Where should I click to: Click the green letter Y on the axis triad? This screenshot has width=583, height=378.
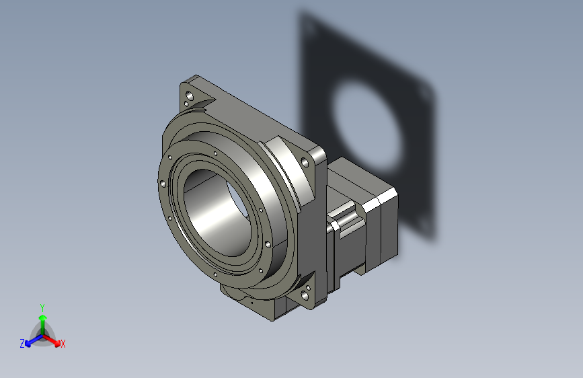(42, 307)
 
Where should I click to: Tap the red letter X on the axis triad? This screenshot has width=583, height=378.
(63, 344)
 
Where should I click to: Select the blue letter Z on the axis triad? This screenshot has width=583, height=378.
(22, 344)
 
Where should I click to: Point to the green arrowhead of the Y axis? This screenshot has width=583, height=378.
(43, 317)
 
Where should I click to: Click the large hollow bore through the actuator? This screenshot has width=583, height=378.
(217, 212)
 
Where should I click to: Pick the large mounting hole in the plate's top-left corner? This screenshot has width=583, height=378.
(190, 96)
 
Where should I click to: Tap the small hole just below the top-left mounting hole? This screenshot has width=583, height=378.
(187, 104)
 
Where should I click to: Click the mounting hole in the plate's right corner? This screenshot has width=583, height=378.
(305, 162)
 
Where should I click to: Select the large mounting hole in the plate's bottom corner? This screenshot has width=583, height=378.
(305, 295)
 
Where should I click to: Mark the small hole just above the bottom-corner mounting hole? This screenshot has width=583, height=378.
(308, 288)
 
